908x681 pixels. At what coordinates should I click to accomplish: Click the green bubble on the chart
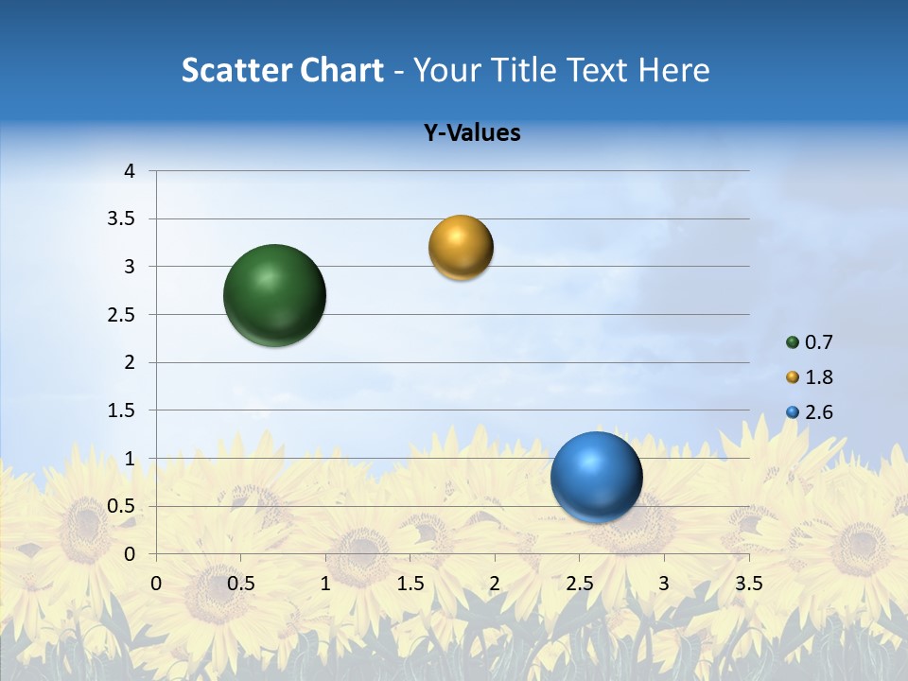274,295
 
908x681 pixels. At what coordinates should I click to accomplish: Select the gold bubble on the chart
461,248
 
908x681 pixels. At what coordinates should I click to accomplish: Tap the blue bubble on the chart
596,477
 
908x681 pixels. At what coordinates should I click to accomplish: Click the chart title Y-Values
472,133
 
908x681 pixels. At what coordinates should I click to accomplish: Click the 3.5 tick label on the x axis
748,584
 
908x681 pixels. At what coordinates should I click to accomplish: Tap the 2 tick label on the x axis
494,584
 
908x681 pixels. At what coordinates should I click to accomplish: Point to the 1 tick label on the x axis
325,584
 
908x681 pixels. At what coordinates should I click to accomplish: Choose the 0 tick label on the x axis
156,584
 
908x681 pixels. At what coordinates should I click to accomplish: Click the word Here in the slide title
673,70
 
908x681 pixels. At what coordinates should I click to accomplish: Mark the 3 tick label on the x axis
663,584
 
